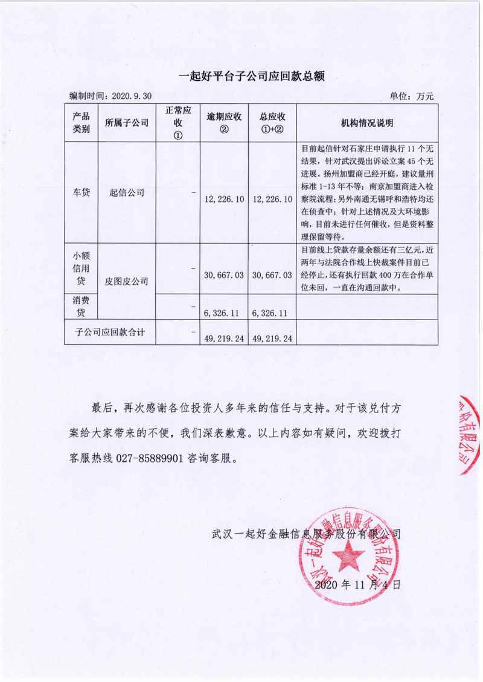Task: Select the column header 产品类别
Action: tap(81, 122)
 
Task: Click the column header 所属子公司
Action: tap(126, 123)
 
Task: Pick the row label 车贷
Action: tap(81, 192)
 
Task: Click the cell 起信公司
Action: tap(126, 192)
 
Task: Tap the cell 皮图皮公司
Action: tap(126, 280)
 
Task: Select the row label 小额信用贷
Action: tap(81, 268)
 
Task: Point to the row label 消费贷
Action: tap(81, 306)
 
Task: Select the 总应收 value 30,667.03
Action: tap(272, 274)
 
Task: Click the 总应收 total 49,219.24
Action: tap(272, 338)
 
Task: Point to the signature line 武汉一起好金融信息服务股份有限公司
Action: tap(307, 533)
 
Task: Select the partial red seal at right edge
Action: tap(470, 434)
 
